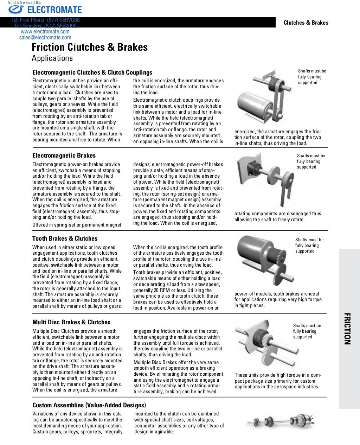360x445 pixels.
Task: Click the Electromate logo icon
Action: [x=16, y=10]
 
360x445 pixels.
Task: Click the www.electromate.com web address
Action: [x=45, y=32]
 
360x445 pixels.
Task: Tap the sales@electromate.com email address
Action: [x=45, y=38]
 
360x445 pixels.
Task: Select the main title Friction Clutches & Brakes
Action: [x=90, y=47]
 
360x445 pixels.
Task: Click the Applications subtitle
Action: [x=52, y=58]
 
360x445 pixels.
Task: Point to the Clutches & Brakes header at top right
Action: [x=306, y=23]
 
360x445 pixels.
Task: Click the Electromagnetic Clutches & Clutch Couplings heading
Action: [x=92, y=72]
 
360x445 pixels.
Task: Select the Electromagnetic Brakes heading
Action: [x=64, y=155]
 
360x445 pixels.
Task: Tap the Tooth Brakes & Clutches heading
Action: [x=65, y=239]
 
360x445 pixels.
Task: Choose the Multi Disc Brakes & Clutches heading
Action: [x=71, y=322]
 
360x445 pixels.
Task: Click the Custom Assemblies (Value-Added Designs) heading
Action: [x=89, y=405]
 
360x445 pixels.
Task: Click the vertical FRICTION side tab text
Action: [x=347, y=329]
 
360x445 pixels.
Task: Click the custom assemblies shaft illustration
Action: [x=280, y=421]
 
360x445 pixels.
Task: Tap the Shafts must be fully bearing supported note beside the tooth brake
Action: [x=309, y=246]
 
